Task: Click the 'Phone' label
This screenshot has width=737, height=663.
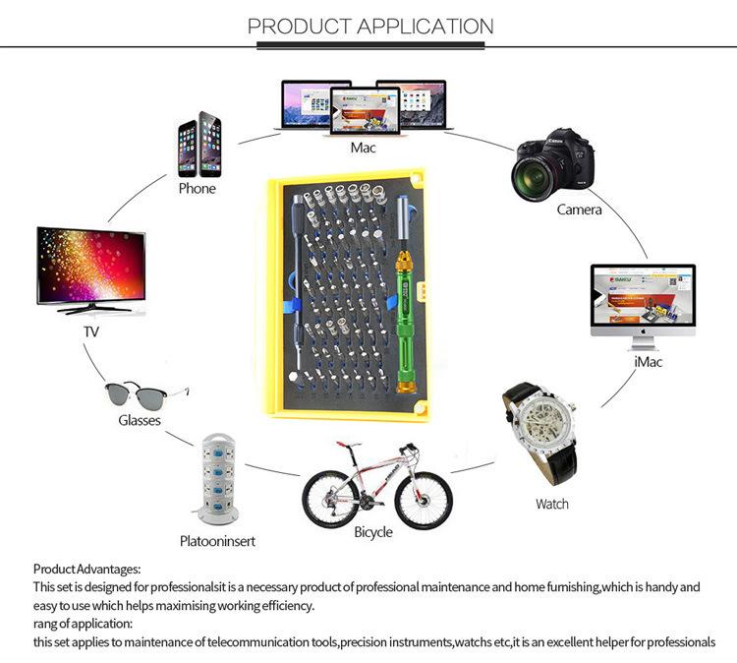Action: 197,188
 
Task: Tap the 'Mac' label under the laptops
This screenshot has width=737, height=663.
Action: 363,148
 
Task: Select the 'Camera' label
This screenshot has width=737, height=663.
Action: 579,210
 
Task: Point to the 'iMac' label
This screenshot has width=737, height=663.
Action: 648,362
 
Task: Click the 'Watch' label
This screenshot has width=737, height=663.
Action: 551,505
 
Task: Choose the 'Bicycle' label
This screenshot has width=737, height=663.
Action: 372,532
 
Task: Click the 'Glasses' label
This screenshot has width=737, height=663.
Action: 140,420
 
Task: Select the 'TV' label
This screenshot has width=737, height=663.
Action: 91,332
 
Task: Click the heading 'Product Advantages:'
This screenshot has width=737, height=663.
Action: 87,569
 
